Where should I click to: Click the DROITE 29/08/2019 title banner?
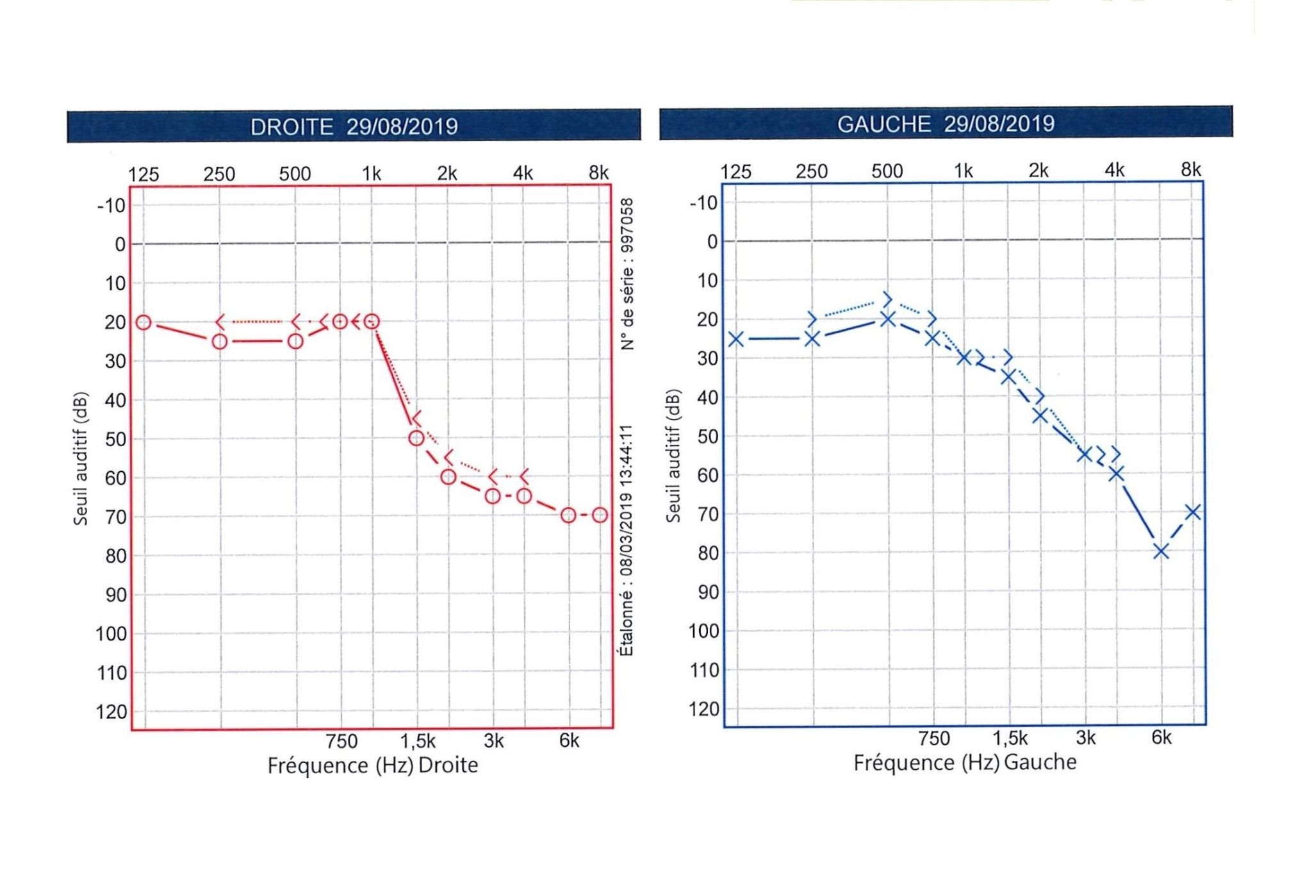tap(354, 126)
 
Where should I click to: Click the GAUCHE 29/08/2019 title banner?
tap(946, 123)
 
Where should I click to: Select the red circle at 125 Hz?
tap(143, 322)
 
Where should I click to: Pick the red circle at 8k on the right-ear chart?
tap(600, 515)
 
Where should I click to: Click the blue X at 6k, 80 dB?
tap(1161, 551)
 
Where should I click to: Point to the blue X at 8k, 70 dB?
tap(1192, 512)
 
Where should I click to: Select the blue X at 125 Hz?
tap(736, 338)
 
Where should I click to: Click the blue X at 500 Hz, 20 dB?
tap(887, 319)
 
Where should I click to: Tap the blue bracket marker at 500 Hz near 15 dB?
tap(887, 299)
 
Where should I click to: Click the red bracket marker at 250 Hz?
tap(220, 321)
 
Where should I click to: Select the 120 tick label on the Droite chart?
tap(112, 712)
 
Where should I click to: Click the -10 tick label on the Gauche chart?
tap(703, 203)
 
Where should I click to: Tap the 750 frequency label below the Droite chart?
tap(341, 742)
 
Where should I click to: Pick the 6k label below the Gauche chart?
tap(1161, 738)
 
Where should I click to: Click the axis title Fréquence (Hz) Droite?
tap(372, 765)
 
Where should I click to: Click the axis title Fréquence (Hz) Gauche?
tap(965, 763)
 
